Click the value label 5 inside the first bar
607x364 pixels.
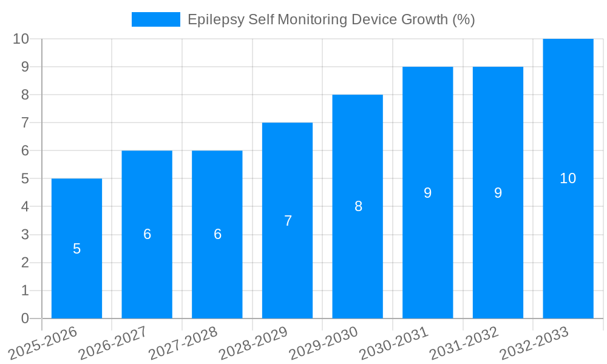[x=76, y=249]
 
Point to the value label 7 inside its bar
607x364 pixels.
[x=288, y=221]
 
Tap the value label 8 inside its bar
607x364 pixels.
[x=358, y=206]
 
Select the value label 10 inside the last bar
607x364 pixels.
[x=568, y=178]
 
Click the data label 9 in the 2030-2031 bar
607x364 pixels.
[x=427, y=193]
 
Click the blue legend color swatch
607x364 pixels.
[x=156, y=19]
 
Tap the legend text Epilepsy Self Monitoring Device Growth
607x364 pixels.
[x=331, y=19]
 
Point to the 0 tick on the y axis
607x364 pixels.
[x=25, y=318]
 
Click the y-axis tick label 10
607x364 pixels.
[x=21, y=39]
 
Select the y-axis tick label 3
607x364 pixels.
[x=25, y=235]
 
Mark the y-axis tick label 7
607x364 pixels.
[x=25, y=123]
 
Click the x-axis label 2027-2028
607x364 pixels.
[x=184, y=343]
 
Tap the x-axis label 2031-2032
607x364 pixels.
[x=464, y=343]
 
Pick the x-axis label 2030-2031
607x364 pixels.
[x=395, y=343]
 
